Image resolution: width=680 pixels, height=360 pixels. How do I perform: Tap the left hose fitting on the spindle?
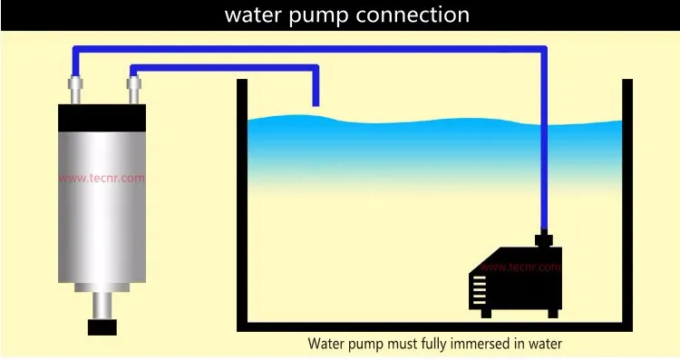pos(74,90)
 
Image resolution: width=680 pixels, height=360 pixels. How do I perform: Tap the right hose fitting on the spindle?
pos(134,90)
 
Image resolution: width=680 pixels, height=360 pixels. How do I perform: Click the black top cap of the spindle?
pos(102,118)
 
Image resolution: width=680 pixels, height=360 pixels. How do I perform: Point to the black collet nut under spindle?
pos(102,326)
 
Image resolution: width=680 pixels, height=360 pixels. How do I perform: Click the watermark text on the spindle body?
pos(102,179)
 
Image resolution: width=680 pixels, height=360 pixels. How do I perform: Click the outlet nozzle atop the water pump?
pos(543,240)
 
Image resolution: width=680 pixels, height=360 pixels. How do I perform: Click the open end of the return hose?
pos(316,102)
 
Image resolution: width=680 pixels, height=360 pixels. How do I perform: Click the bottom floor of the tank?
pos(433,327)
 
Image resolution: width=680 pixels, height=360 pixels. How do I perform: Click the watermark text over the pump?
pos(520,268)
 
